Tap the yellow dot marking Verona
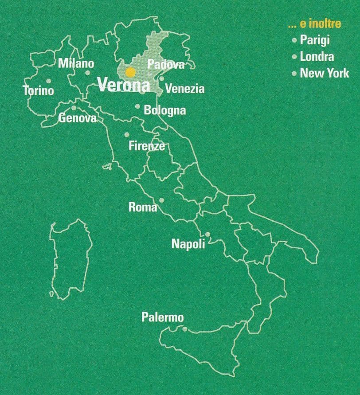[x=130, y=72]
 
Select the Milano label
[x=76, y=63]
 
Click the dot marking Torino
[x=49, y=81]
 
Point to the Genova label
[x=77, y=118]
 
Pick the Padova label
[x=166, y=64]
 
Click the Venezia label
[x=185, y=89]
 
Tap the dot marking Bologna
[x=137, y=106]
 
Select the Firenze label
[x=147, y=145]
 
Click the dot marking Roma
[x=161, y=200]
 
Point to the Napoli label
[x=188, y=244]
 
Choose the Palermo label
[x=162, y=317]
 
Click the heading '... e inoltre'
[x=314, y=24]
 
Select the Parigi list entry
[x=315, y=40]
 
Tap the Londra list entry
[x=317, y=56]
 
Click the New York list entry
[x=325, y=73]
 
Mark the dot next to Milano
[x=88, y=73]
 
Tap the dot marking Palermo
[x=185, y=329]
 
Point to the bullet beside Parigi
[x=294, y=40]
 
